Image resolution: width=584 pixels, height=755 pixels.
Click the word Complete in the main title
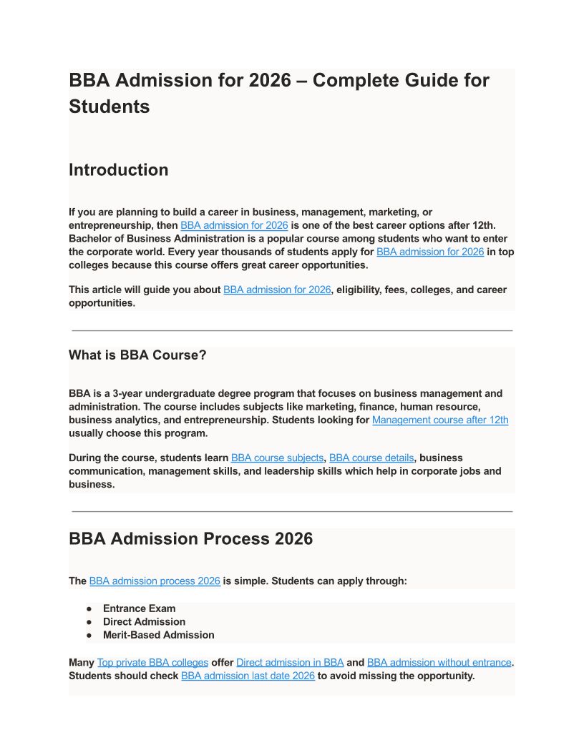tap(356, 80)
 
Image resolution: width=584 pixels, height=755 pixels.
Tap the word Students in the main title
tap(109, 107)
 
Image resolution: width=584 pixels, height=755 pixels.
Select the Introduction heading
tap(119, 170)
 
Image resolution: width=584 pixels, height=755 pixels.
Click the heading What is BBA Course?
tap(137, 355)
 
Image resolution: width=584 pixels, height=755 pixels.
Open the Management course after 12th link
tap(440, 420)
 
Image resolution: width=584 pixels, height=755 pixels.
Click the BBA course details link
tap(371, 458)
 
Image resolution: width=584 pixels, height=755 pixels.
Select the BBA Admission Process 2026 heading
tap(190, 539)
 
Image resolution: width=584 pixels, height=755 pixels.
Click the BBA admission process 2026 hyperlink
tap(155, 581)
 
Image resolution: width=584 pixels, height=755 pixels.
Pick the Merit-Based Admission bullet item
tap(158, 635)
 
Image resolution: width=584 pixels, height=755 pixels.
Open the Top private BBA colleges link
tap(152, 662)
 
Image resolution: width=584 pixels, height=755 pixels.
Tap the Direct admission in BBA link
tap(290, 662)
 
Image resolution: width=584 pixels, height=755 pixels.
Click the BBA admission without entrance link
tap(439, 662)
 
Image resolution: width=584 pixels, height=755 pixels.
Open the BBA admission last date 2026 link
tap(248, 676)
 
